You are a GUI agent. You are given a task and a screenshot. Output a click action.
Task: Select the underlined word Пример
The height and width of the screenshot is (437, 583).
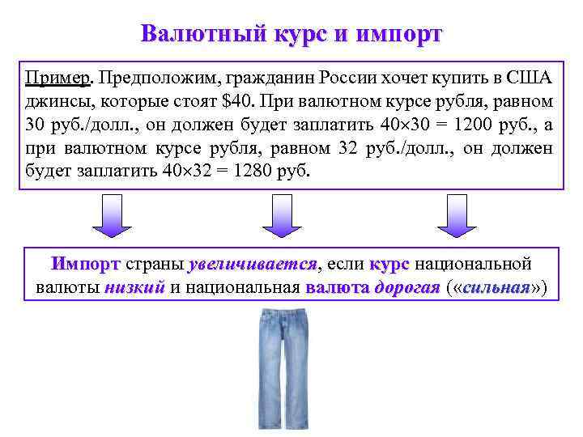tap(58, 79)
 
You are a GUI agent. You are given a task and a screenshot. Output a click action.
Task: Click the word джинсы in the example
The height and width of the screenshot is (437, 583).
tap(51, 103)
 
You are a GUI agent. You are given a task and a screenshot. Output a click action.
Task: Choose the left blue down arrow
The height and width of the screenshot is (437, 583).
tap(113, 216)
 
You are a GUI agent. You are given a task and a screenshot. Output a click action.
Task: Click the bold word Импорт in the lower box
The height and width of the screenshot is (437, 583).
tap(85, 265)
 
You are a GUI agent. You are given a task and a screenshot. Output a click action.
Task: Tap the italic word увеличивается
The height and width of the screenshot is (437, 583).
tap(253, 265)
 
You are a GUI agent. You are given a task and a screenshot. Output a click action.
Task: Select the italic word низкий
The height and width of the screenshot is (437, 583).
tap(134, 287)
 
